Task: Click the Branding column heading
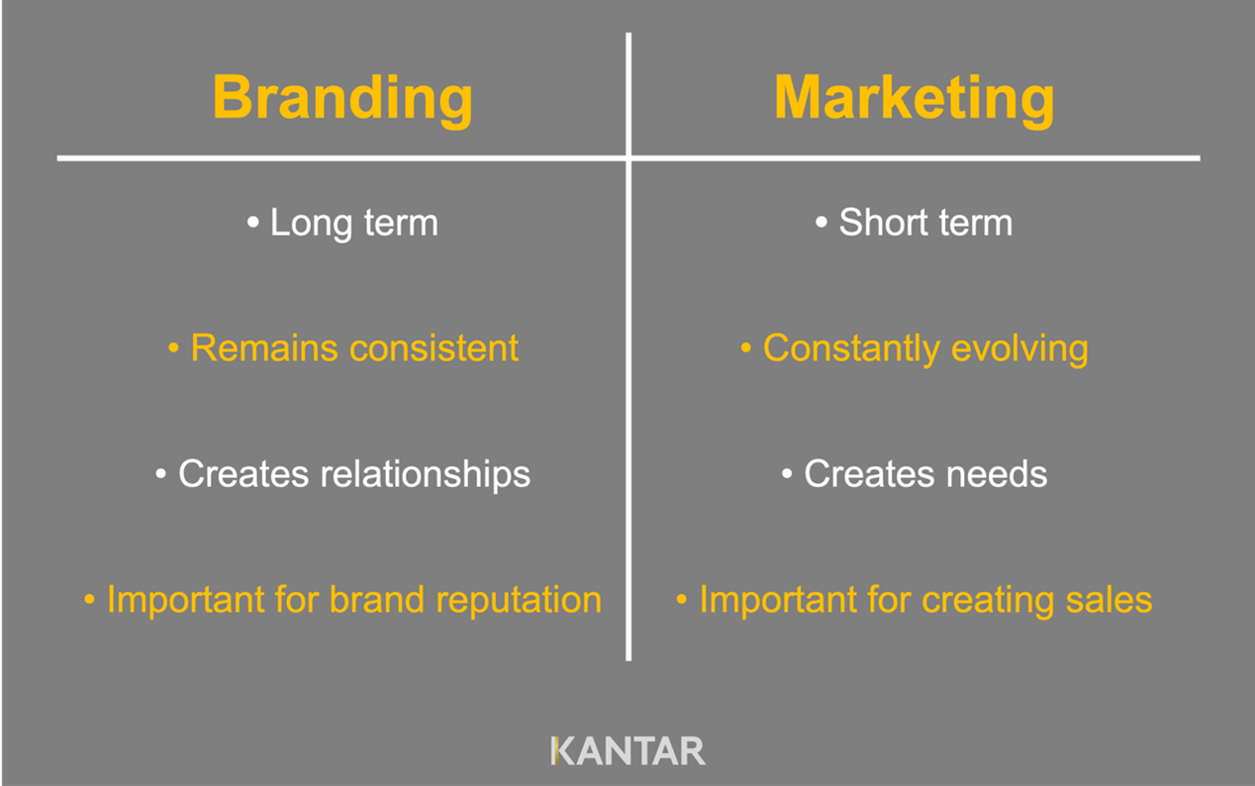pyautogui.click(x=342, y=98)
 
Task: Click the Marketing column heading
pyautogui.click(x=914, y=98)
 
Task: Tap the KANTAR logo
pyautogui.click(x=627, y=750)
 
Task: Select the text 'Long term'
pyautogui.click(x=353, y=223)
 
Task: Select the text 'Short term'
pyautogui.click(x=925, y=223)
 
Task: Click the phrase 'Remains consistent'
pyautogui.click(x=354, y=348)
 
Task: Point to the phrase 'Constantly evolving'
pyautogui.click(x=925, y=348)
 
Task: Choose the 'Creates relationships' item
pyautogui.click(x=353, y=474)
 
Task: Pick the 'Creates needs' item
pyautogui.click(x=925, y=474)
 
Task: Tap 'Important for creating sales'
pyautogui.click(x=925, y=600)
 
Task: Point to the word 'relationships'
pyautogui.click(x=426, y=475)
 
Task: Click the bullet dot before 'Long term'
pyautogui.click(x=252, y=224)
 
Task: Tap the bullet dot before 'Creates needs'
pyautogui.click(x=787, y=475)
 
